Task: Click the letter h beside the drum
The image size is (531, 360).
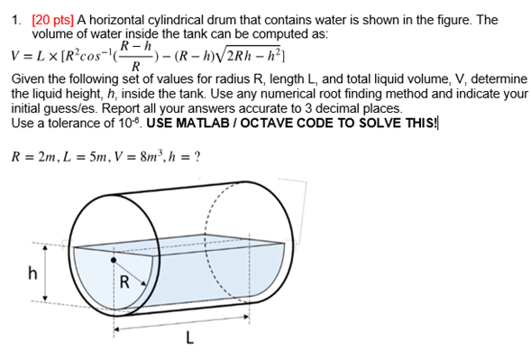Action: pos(32,276)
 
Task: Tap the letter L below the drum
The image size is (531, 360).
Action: pos(188,340)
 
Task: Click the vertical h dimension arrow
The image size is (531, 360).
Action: pos(45,274)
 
